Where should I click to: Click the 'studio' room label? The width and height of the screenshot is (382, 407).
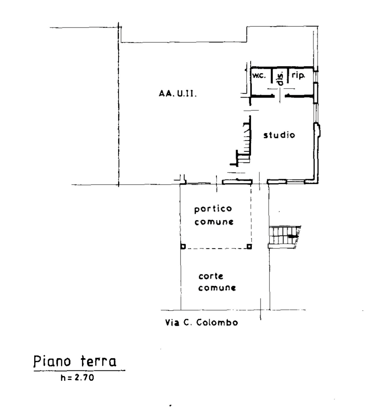[279, 135]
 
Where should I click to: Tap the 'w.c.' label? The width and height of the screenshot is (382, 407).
[259, 76]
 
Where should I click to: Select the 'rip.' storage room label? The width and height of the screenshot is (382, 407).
[298, 75]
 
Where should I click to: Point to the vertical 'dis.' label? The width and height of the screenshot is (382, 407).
[281, 79]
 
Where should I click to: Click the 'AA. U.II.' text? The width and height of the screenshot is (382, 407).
[177, 93]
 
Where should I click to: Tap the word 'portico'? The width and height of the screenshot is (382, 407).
[213, 209]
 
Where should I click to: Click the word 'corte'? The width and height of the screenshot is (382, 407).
[211, 276]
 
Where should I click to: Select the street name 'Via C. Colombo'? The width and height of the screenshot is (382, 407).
[201, 323]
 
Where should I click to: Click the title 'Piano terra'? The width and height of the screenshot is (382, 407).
[75, 361]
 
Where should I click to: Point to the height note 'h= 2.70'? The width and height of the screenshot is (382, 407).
[77, 378]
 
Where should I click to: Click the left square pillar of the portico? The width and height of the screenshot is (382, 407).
[183, 247]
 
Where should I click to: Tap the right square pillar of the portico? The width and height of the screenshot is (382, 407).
[249, 247]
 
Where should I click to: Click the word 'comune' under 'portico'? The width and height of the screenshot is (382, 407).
[214, 222]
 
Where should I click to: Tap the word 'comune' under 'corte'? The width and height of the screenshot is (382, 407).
[217, 288]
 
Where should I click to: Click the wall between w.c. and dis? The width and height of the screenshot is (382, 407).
[272, 76]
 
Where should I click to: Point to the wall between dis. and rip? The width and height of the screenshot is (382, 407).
[288, 76]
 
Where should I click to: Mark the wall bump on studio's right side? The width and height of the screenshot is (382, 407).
[318, 130]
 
